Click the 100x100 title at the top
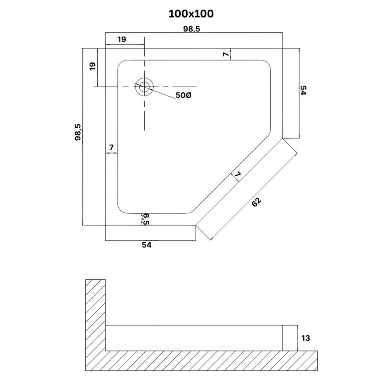191,14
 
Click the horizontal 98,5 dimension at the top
192,29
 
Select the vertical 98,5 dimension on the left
78,132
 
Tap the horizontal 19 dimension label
122,39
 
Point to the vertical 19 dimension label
92,66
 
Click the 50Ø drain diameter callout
184,95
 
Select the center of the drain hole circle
144,87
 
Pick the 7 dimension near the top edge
226,54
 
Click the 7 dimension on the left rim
111,147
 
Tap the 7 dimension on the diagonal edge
237,175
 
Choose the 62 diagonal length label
256,202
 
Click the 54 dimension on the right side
303,90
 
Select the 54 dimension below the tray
147,245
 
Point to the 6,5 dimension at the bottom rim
146,219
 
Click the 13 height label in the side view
306,338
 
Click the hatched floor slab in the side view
201,360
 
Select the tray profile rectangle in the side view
194,338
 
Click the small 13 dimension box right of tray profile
290,338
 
